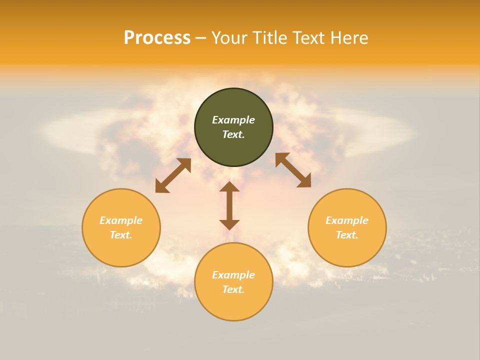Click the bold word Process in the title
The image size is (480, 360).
(x=157, y=38)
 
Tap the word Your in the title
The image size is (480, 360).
(x=230, y=38)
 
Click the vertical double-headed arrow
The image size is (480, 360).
(x=229, y=205)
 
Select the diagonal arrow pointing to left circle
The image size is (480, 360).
(x=173, y=175)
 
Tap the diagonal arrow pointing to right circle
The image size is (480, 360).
(x=293, y=170)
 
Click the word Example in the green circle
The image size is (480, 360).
(x=233, y=120)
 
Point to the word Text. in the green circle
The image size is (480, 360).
(x=233, y=134)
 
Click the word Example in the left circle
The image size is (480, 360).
(x=121, y=220)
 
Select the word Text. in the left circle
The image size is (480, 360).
(x=121, y=235)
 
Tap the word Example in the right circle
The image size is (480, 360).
(x=347, y=220)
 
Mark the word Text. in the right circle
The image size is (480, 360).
(x=347, y=235)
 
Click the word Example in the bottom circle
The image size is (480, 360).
(x=233, y=275)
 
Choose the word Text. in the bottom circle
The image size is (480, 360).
(x=233, y=289)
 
